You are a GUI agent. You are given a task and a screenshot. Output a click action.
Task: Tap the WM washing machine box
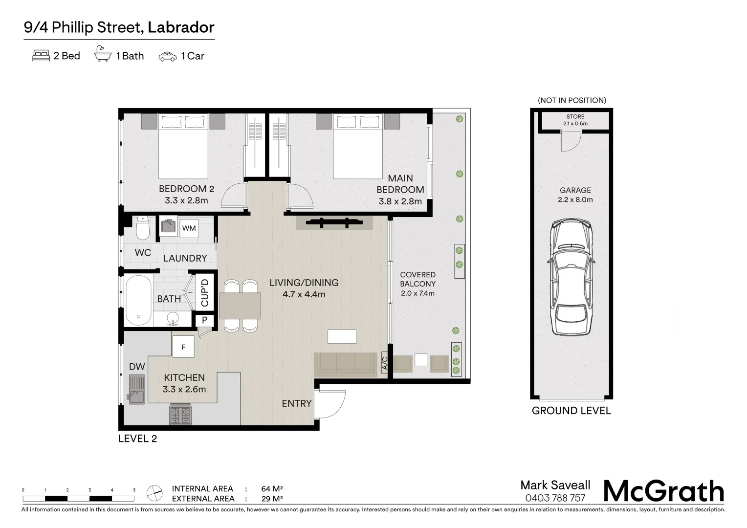point(189,228)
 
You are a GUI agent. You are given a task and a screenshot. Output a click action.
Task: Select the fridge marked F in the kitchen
point(183,347)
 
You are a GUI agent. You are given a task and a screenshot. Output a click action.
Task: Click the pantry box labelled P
point(204,320)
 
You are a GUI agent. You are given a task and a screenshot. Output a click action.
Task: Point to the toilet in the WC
point(143,227)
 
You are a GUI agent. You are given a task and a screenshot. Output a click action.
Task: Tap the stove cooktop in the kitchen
point(180,415)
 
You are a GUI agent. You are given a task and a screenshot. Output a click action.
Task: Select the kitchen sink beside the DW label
point(137,389)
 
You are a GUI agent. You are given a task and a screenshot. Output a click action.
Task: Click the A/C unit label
point(384,363)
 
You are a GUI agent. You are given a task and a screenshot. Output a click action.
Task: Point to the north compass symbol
point(155,493)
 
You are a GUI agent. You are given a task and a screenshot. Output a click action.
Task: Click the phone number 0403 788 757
point(555,498)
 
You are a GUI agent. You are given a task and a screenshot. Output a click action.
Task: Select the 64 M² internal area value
point(272,489)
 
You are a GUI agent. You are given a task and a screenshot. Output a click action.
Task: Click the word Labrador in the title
point(181,27)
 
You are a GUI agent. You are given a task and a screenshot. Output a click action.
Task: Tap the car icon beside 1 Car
point(167,56)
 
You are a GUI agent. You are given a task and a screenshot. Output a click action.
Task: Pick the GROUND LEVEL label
point(571,411)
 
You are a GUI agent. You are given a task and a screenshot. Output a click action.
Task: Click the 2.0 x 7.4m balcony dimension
point(417,293)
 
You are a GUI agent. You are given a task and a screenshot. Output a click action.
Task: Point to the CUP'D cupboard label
point(205,292)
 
